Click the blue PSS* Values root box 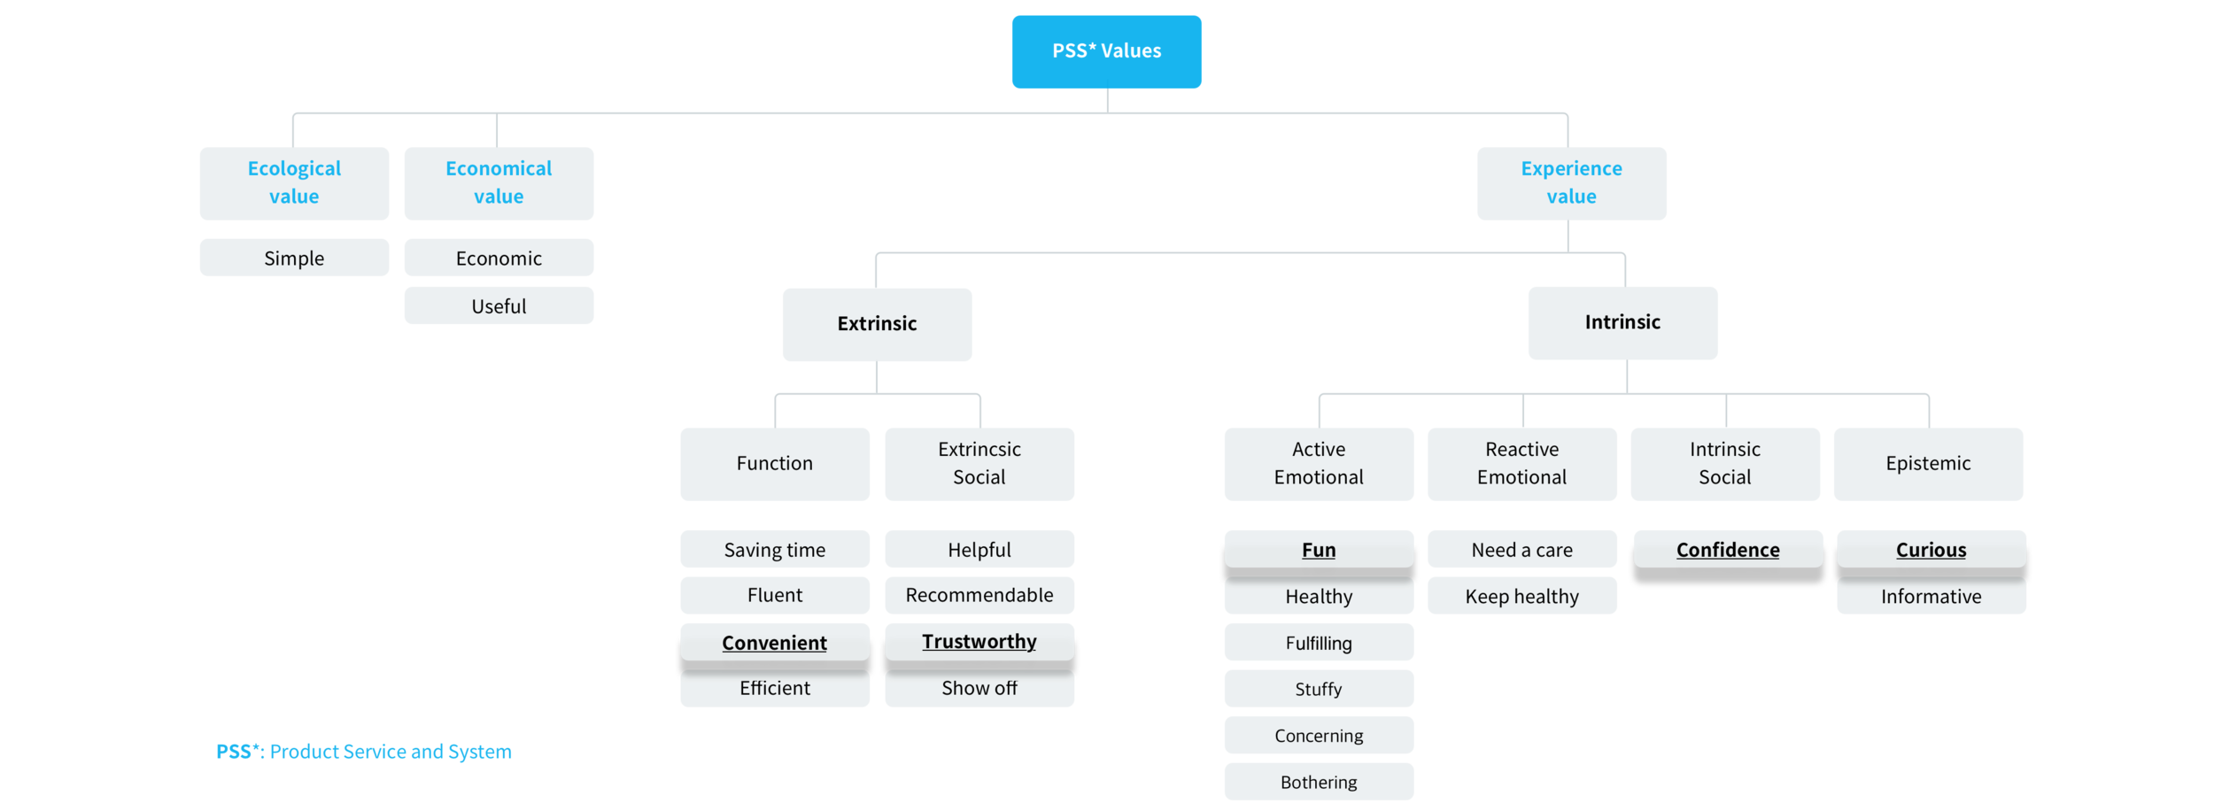[x=1106, y=51]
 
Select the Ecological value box [x=294, y=182]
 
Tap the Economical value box [x=499, y=182]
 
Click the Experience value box [x=1571, y=182]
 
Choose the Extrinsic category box [x=877, y=323]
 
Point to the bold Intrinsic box [x=1622, y=322]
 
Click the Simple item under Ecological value [x=294, y=258]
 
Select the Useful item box [x=499, y=305]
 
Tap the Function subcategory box [x=774, y=463]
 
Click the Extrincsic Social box [x=979, y=463]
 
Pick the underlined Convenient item [x=774, y=642]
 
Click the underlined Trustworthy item [x=979, y=641]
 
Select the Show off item [x=979, y=688]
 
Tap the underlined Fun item [x=1318, y=549]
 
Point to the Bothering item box [x=1318, y=782]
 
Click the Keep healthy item [x=1521, y=596]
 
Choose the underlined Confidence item [x=1727, y=549]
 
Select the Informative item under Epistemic [x=1931, y=596]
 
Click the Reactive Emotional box [x=1521, y=463]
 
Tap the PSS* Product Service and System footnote [x=364, y=752]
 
